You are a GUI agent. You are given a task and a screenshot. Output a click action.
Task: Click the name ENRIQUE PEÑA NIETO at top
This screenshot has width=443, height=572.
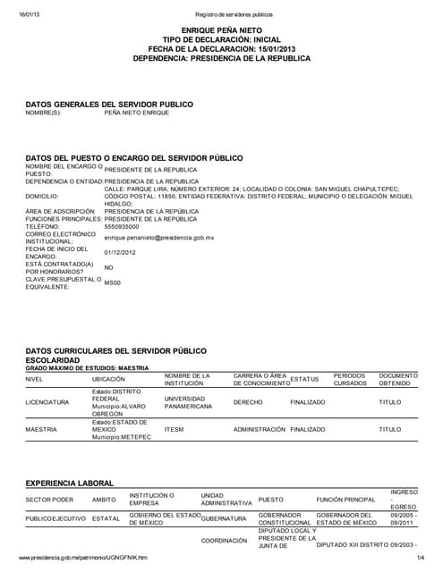(x=221, y=29)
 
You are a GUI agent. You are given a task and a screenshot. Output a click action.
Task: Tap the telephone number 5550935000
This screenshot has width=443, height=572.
(x=122, y=227)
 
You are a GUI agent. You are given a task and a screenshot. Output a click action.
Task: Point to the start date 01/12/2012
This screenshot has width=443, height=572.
(x=121, y=252)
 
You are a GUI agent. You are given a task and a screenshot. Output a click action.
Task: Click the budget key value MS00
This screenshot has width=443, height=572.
(x=112, y=282)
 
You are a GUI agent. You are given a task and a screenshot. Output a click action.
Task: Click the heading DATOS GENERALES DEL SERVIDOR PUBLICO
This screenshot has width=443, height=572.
(x=109, y=104)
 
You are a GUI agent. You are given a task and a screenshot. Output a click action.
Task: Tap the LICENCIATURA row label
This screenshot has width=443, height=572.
(x=47, y=402)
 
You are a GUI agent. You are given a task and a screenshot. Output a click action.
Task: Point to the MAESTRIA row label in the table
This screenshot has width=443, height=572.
(x=41, y=429)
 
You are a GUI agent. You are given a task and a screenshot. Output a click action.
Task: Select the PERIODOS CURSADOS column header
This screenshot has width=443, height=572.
(x=349, y=379)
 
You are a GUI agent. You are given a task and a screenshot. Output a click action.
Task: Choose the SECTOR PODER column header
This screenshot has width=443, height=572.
(x=49, y=499)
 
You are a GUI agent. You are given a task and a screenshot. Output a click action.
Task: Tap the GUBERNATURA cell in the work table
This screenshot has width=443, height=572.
(x=223, y=517)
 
